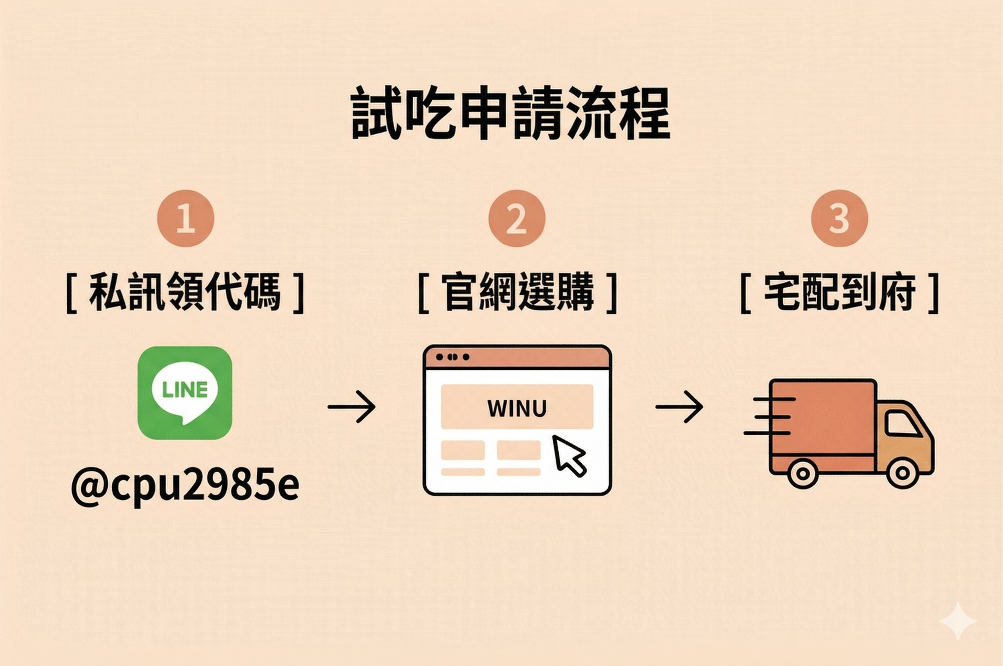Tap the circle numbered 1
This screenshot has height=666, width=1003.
point(186,218)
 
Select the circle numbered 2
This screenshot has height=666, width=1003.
point(516,218)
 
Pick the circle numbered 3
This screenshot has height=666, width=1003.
point(840,218)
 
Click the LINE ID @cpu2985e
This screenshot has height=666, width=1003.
point(185,485)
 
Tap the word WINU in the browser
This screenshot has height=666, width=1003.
point(517,408)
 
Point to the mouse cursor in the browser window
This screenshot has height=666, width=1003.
point(568,455)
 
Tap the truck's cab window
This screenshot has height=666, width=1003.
point(903,425)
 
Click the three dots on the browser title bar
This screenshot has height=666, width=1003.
point(453,357)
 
